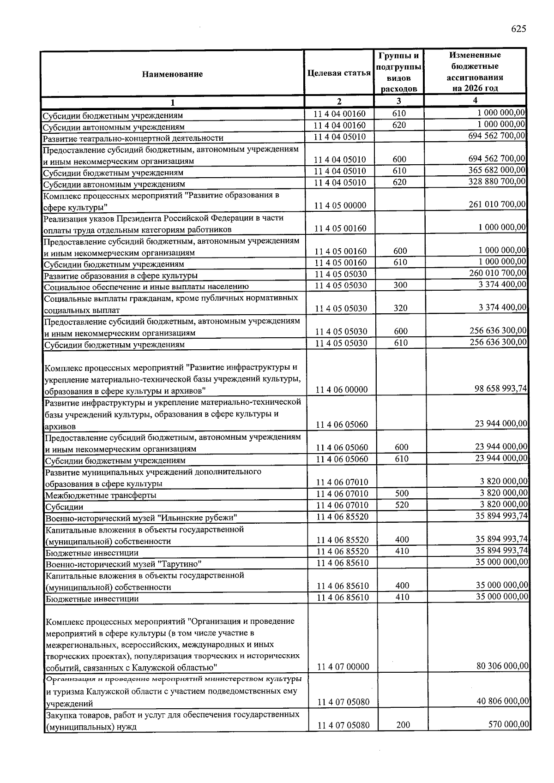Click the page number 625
tap(518, 29)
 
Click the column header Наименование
tap(172, 74)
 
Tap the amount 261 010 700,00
tap(497, 204)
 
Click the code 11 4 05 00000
tap(340, 206)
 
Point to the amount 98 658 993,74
tap(500, 389)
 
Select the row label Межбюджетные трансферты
tap(101, 496)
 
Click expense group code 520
tap(402, 505)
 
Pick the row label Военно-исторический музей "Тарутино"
tap(123, 564)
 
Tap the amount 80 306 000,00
tap(502, 666)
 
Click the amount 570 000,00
tap(509, 724)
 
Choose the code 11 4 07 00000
tap(343, 667)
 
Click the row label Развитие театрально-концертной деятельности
tap(133, 138)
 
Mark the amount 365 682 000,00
tap(497, 170)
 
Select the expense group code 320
tap(400, 308)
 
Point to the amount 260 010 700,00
tap(497, 273)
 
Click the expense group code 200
tap(403, 725)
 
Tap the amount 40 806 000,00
tap(502, 701)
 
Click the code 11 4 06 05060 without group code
tap(342, 424)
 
